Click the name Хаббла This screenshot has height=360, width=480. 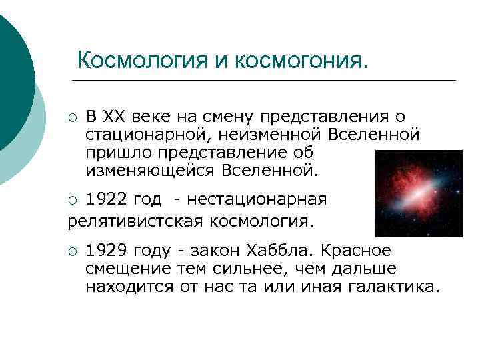(281, 251)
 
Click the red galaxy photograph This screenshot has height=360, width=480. (419, 193)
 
